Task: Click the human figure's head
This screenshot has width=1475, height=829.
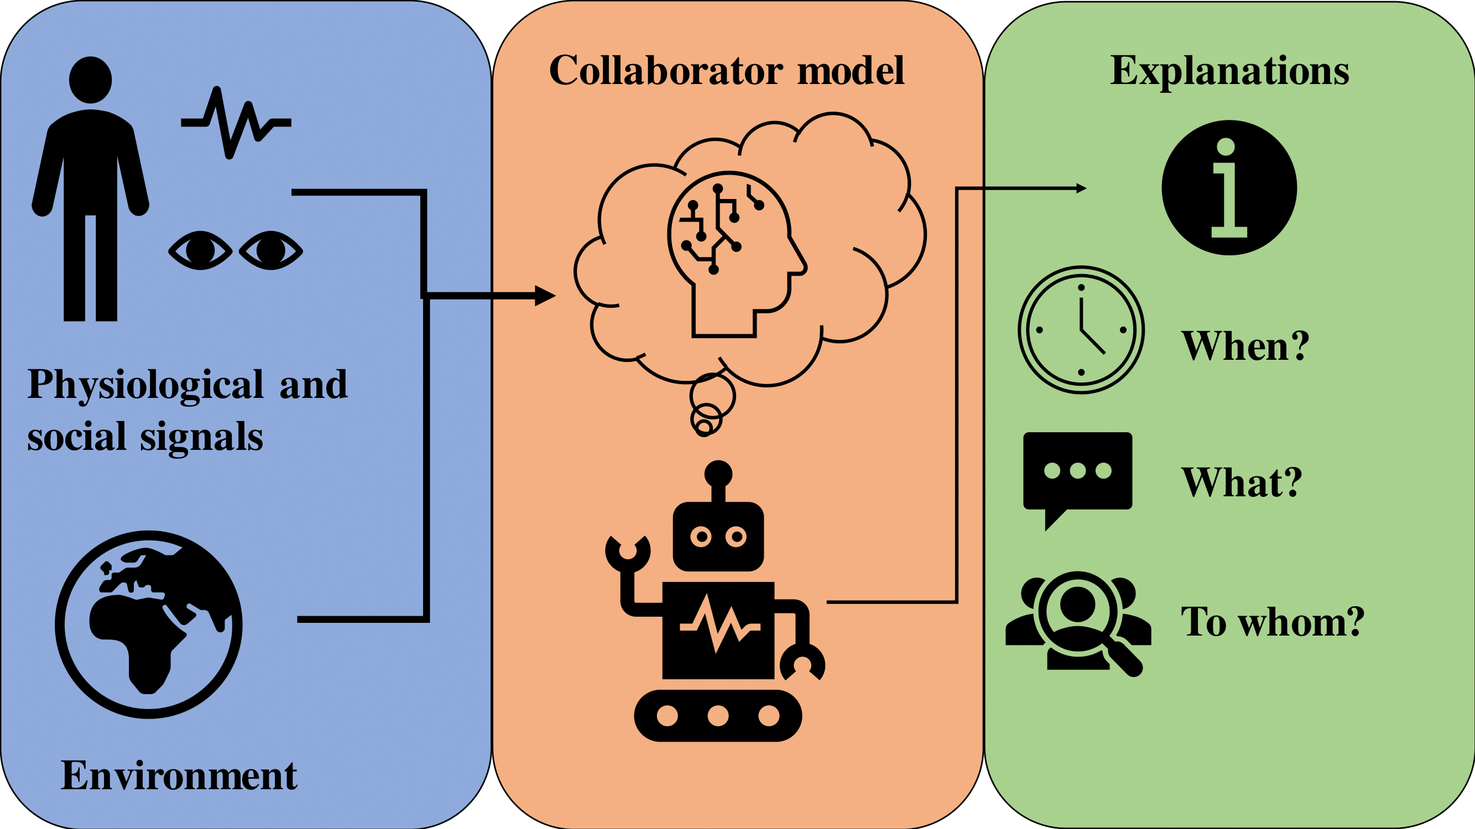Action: [x=91, y=80]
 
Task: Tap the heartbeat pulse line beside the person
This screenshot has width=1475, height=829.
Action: [x=236, y=123]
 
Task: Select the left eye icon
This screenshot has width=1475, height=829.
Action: [x=200, y=250]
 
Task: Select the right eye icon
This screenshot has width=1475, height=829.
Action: [x=271, y=250]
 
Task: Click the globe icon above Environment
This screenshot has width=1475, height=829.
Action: [x=149, y=624]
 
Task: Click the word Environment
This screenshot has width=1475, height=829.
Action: [x=179, y=776]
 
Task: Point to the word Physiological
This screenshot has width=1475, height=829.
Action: [x=145, y=385]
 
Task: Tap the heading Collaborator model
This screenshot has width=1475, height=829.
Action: [x=727, y=71]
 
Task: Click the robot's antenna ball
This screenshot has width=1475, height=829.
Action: [x=718, y=474]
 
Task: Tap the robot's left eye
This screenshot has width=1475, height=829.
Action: [x=701, y=537]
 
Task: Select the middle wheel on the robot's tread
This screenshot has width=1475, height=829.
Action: [x=718, y=716]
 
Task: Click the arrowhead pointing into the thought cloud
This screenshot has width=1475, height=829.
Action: [x=545, y=296]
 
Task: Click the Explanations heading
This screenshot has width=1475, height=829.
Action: [x=1229, y=71]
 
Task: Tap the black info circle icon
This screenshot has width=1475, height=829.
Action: [x=1229, y=188]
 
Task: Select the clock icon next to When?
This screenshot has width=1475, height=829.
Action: [x=1081, y=329]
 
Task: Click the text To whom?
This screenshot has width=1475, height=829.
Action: [x=1272, y=622]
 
